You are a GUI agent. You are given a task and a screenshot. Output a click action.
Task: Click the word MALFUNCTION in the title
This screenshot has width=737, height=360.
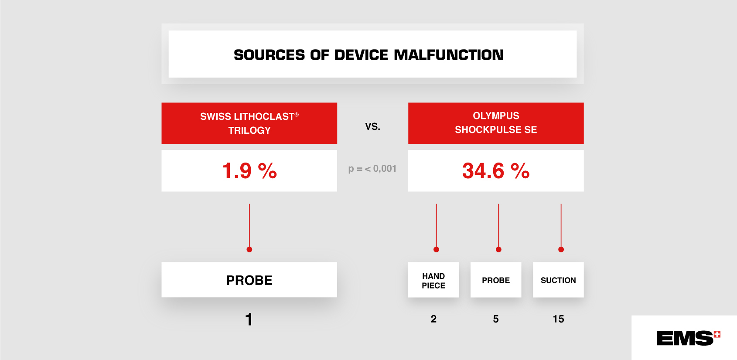448,54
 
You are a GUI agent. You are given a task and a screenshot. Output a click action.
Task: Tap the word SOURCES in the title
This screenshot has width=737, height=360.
269,54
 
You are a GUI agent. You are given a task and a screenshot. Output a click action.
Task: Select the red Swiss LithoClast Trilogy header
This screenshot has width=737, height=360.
249,123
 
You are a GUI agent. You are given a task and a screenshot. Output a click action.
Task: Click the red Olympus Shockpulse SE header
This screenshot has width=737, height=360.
496,123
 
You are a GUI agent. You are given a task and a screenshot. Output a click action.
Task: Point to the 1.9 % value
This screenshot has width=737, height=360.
249,171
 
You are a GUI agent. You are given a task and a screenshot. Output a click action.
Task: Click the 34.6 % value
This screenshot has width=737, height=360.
496,171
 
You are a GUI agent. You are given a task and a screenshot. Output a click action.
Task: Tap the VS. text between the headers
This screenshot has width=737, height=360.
372,126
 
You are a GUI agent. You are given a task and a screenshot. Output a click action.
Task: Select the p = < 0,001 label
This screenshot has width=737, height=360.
372,169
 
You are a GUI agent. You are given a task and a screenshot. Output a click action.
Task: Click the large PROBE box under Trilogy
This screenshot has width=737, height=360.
249,280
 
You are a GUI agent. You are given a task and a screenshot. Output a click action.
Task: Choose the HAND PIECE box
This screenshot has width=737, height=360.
433,280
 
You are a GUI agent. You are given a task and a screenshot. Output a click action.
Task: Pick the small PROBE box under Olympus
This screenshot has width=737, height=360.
496,280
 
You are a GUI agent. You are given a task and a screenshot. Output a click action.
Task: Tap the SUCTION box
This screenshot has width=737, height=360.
558,280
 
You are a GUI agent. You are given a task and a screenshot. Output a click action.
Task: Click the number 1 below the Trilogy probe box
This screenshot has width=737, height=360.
249,319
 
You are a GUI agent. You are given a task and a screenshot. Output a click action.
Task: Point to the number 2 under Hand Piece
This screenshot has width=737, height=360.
433,319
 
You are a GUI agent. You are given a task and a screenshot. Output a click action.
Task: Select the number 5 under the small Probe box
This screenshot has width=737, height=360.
496,319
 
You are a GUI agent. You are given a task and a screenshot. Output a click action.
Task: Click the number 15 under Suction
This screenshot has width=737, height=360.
558,319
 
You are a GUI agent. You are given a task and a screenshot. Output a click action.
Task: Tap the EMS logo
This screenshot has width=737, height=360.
688,338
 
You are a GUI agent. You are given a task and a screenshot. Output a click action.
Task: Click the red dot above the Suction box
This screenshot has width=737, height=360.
561,250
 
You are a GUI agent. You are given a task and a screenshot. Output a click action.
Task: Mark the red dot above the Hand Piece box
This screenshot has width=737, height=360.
436,250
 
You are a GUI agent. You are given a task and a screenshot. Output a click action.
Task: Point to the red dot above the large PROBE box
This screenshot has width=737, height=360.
249,250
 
